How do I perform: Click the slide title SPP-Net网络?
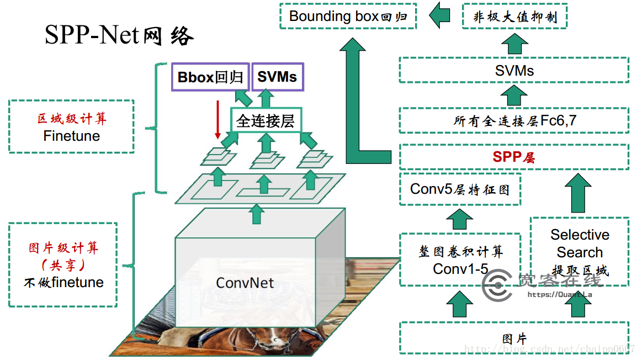tap(119, 36)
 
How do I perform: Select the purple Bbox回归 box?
tap(210, 77)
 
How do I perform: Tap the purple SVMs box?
tap(277, 77)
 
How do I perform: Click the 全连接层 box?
tap(266, 120)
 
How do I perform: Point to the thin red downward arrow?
tap(218, 119)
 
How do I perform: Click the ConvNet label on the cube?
tap(245, 283)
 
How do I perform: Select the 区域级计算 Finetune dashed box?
tap(72, 126)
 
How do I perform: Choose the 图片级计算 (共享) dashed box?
tap(63, 265)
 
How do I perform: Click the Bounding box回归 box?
tap(348, 17)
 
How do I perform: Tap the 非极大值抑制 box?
tap(514, 17)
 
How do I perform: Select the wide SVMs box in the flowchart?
tap(514, 70)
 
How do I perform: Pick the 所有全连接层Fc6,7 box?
tap(514, 120)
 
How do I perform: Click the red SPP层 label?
tap(514, 157)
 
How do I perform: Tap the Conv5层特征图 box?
tap(459, 189)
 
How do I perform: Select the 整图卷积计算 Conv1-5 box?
tap(460, 260)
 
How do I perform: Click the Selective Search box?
tap(579, 252)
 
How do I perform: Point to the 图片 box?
tap(514, 338)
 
